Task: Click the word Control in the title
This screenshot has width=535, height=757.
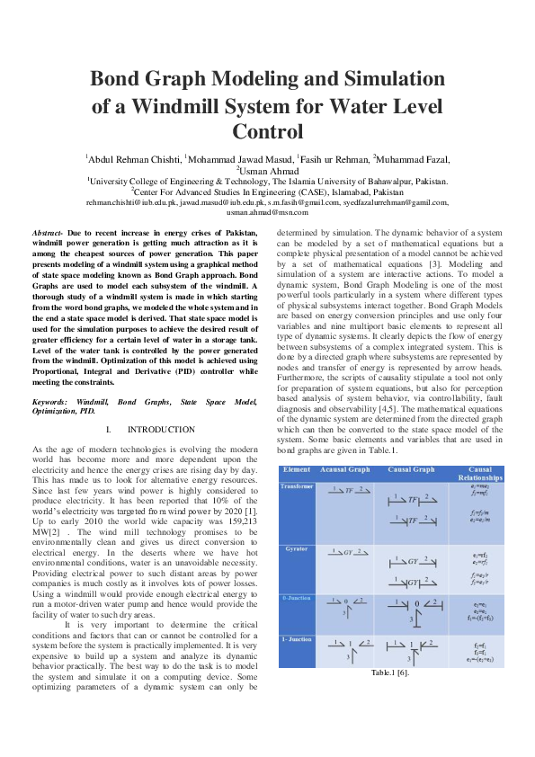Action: pyautogui.click(x=267, y=132)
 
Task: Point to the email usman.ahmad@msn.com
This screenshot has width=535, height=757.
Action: pyautogui.click(x=267, y=212)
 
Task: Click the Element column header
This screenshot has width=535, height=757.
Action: pyautogui.click(x=297, y=470)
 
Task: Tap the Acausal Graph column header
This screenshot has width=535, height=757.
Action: pyautogui.click(x=345, y=470)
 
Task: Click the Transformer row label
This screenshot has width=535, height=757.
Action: pyautogui.click(x=298, y=486)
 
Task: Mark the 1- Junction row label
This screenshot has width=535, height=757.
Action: pyautogui.click(x=297, y=639)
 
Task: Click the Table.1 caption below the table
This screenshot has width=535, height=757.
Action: pyautogui.click(x=391, y=673)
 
